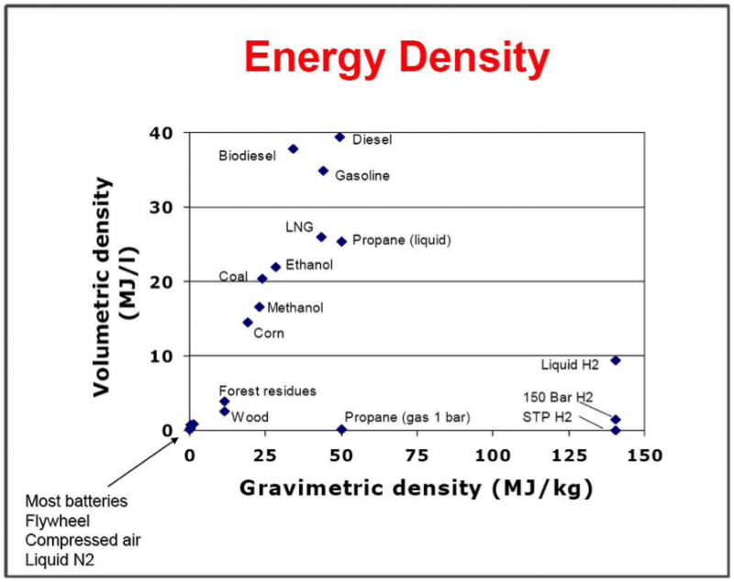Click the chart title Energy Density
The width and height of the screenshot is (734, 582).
(x=396, y=60)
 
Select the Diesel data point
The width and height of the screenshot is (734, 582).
(x=339, y=137)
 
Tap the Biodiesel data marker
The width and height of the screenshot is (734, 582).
(x=294, y=148)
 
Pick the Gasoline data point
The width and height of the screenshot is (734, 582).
(x=323, y=170)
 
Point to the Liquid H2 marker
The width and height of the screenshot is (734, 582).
(x=616, y=360)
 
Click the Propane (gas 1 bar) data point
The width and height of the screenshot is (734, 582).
(x=342, y=429)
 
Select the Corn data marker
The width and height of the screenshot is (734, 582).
(x=248, y=322)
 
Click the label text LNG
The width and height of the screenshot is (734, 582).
(x=299, y=227)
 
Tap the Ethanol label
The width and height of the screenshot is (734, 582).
(x=309, y=265)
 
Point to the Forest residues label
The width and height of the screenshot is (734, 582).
(x=267, y=390)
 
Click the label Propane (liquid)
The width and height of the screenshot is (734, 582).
(x=402, y=241)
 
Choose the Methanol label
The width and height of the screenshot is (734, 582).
(x=295, y=308)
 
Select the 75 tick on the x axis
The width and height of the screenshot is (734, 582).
(x=417, y=454)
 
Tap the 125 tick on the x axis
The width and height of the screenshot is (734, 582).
(x=569, y=454)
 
